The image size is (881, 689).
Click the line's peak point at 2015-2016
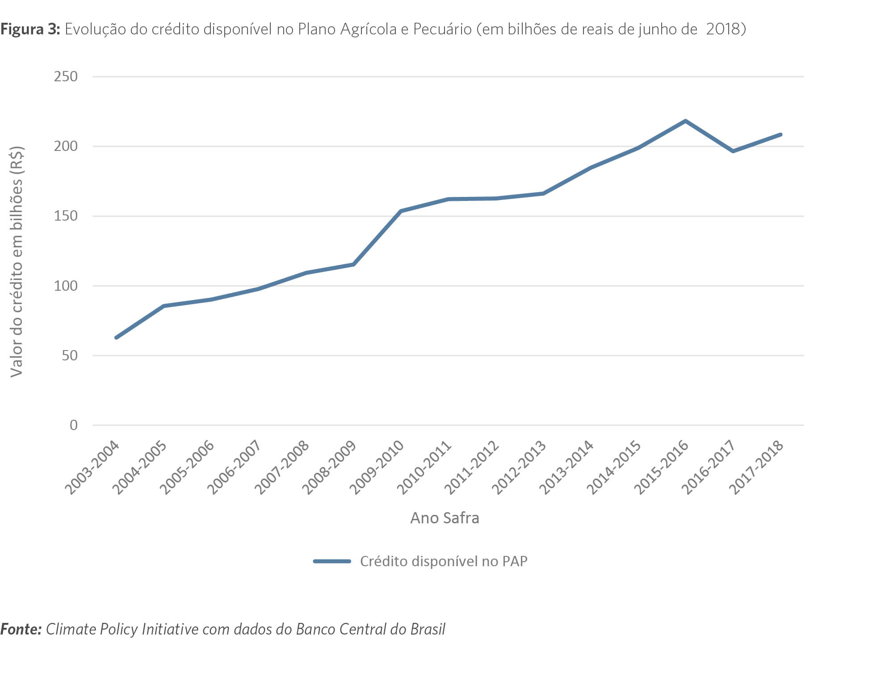pos(685,121)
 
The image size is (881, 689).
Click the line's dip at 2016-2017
pos(733,151)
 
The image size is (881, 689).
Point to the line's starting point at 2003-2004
pos(116,338)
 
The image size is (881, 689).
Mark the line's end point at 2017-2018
pos(780,134)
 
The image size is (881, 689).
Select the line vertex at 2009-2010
pos(401,211)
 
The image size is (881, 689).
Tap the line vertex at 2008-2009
pos(353,264)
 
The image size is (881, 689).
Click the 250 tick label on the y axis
pos(66,76)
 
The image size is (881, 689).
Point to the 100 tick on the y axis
pos(66,286)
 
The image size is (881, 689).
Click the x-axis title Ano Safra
pos(445,518)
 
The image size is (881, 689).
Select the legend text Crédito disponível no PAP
pos(444,561)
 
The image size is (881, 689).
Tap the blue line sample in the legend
pos(332,561)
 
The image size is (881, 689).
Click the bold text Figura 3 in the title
pos(30,29)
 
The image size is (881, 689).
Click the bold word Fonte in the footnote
pos(21,629)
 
